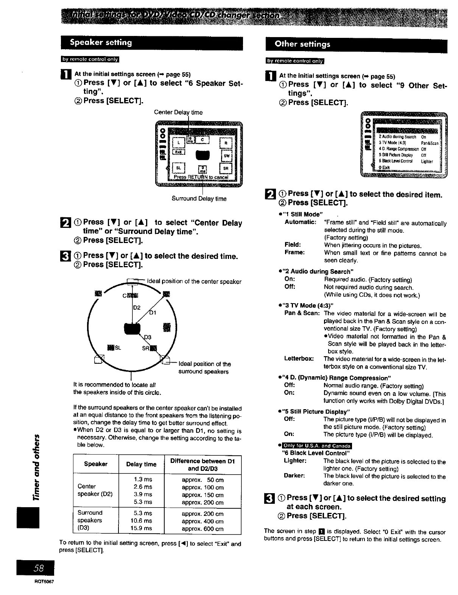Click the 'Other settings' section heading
click(x=302, y=44)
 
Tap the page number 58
click(x=39, y=568)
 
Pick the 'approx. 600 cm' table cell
click(x=203, y=528)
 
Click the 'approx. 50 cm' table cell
click(x=203, y=480)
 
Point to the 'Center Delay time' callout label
click(x=178, y=112)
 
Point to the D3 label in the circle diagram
click(x=148, y=337)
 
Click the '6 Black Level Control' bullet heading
click(x=315, y=453)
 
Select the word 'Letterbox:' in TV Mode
click(x=299, y=359)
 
